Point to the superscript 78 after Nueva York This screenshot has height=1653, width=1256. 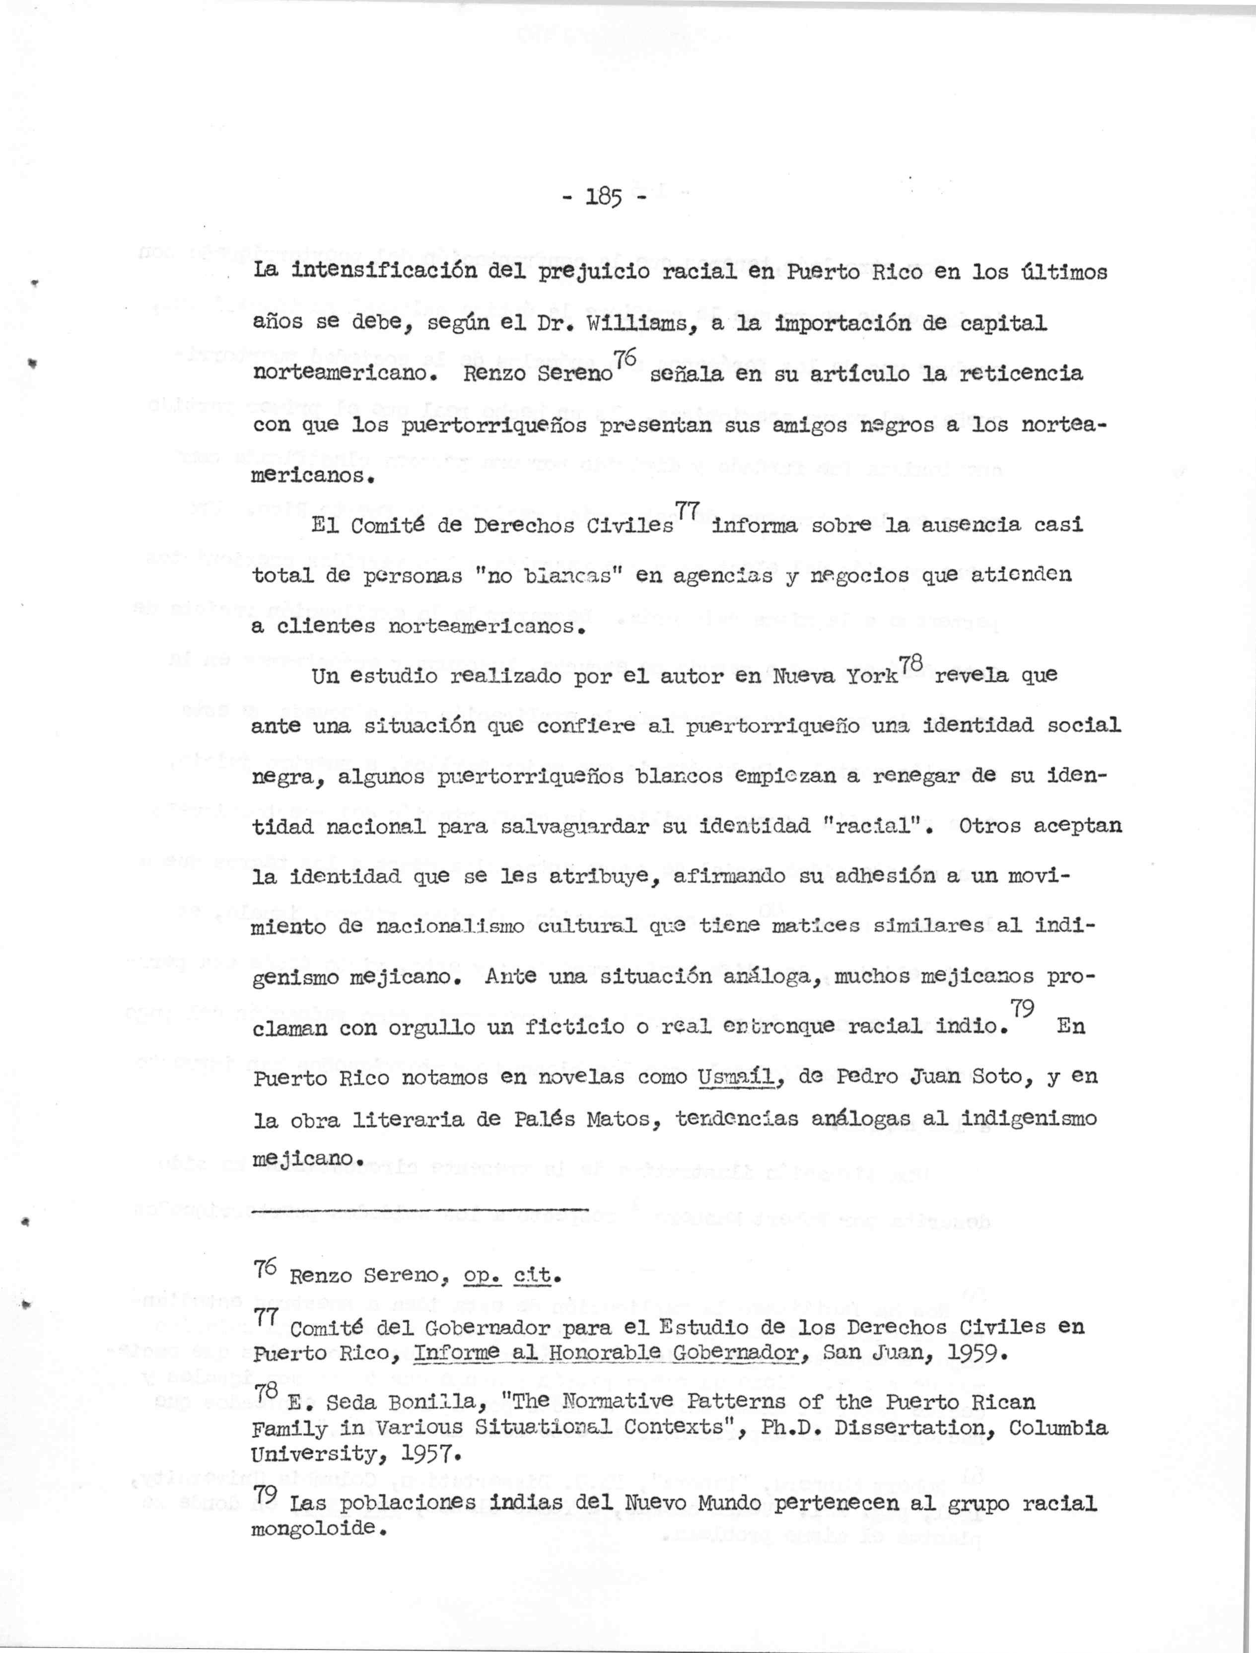(x=911, y=662)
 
